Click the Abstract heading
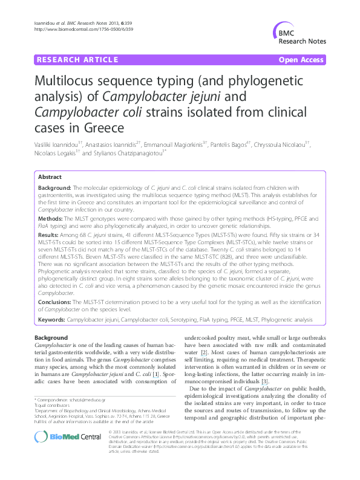click(50, 177)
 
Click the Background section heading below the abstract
click(51, 337)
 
